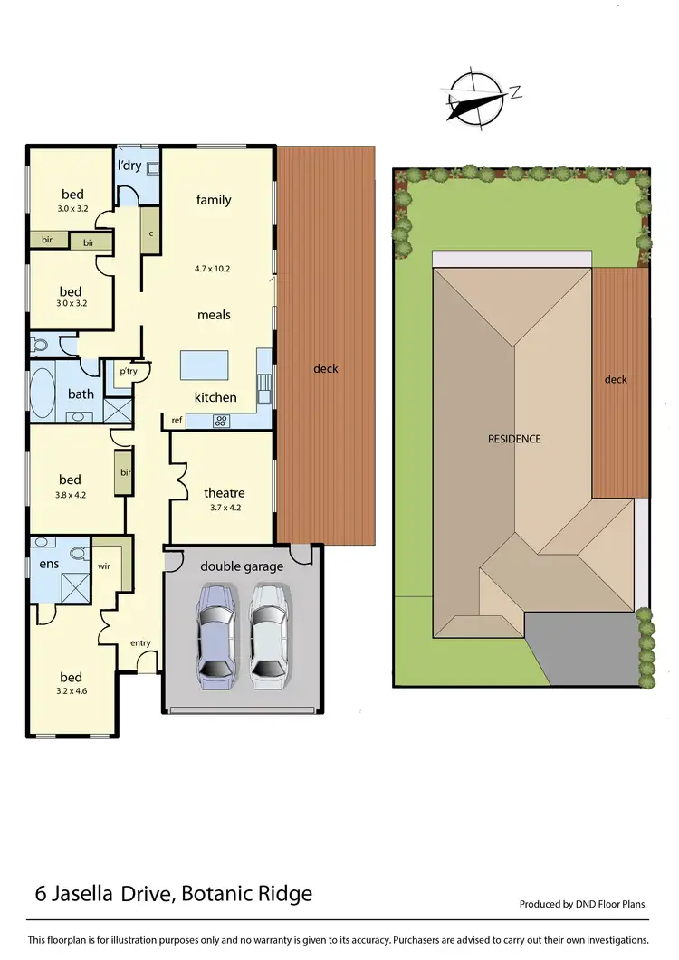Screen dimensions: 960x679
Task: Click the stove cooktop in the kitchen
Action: pyautogui.click(x=220, y=420)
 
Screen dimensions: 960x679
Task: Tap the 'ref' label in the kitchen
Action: pyautogui.click(x=177, y=421)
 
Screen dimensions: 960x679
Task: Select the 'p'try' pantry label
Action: pyautogui.click(x=127, y=371)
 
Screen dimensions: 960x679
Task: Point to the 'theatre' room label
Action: pyautogui.click(x=224, y=493)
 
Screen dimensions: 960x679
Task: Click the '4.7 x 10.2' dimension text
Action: pyautogui.click(x=213, y=269)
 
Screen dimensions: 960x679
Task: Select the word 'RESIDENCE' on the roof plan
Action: pyautogui.click(x=514, y=439)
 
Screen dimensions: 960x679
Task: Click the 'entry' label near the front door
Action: pyautogui.click(x=139, y=643)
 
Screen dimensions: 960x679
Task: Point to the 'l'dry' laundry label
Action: pyautogui.click(x=129, y=166)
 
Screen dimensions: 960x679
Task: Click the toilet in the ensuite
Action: pyautogui.click(x=80, y=552)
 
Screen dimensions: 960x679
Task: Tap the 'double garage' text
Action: pyautogui.click(x=242, y=566)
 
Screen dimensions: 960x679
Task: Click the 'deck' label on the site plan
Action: pyautogui.click(x=616, y=379)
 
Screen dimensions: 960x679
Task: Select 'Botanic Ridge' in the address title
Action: pyautogui.click(x=246, y=894)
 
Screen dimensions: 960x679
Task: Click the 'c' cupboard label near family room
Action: pyautogui.click(x=150, y=233)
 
